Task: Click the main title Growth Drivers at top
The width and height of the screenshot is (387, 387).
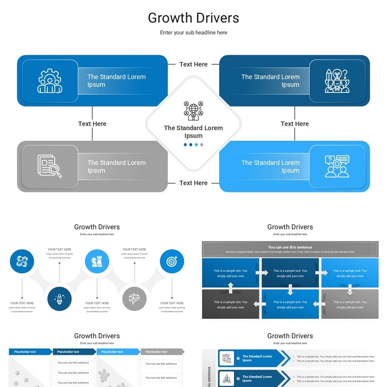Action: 193,18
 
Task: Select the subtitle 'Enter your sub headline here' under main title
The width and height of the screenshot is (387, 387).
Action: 193,33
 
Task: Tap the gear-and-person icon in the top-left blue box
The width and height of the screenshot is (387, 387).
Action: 49,81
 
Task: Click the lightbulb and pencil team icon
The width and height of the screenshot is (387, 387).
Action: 337,81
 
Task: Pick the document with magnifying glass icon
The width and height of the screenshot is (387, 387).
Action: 49,166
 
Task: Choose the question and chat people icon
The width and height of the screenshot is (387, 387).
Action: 337,166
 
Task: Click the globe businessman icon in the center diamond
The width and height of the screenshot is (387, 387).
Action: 193,111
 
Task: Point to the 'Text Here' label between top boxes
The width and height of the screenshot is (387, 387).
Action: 193,64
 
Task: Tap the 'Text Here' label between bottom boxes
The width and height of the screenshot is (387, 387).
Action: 193,183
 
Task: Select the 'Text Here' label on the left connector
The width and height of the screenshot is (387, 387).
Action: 92,124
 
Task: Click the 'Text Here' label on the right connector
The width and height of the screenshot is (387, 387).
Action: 295,124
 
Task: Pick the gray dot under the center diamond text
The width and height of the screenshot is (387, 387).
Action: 202,145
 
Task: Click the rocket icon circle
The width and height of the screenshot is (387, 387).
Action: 60,298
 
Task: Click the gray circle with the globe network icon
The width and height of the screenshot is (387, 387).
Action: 134,298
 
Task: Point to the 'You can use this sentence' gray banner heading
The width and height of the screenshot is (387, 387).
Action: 290,247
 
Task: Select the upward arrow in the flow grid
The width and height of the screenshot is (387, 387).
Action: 231,288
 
